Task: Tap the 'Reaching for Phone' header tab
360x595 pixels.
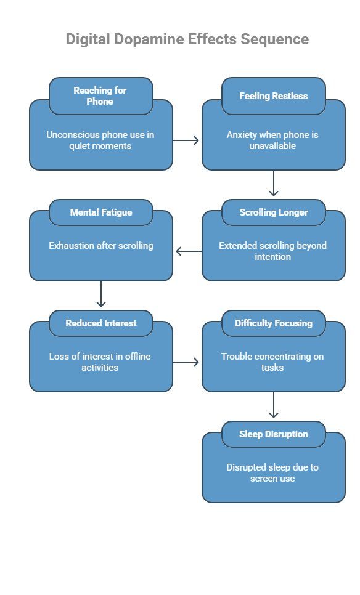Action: [x=100, y=95]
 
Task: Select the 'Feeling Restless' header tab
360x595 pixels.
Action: [x=273, y=95]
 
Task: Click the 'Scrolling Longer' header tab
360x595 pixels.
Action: [x=273, y=212]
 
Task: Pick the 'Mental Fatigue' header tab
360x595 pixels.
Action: [x=100, y=212]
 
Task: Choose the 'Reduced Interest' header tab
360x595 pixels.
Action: [x=100, y=323]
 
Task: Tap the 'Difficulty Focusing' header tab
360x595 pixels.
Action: [x=273, y=323]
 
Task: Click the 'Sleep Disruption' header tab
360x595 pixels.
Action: [x=273, y=434]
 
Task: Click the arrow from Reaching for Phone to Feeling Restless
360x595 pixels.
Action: [x=187, y=140]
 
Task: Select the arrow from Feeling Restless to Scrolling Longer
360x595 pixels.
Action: [x=274, y=184]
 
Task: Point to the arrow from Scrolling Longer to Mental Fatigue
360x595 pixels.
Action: [x=188, y=251]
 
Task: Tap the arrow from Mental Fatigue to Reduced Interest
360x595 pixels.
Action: [x=101, y=294]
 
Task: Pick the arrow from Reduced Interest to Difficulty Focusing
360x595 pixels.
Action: [x=187, y=362]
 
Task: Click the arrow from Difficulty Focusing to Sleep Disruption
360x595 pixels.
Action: [x=274, y=405]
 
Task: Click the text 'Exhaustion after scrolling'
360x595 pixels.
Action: [x=100, y=246]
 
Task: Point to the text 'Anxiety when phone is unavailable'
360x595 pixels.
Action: [x=273, y=140]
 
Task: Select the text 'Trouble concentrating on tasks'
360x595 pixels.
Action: [x=273, y=362]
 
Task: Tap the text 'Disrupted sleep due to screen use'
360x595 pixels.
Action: [x=273, y=473]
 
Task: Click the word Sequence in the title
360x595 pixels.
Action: [x=274, y=39]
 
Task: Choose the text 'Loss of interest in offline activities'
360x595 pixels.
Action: [x=100, y=362]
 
